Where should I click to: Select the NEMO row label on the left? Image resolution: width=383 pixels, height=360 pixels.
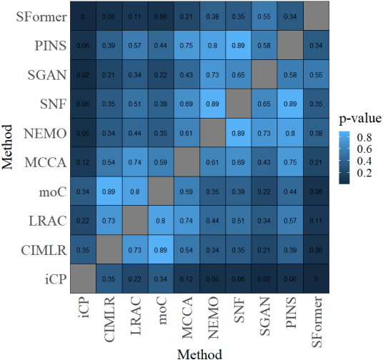click(x=45, y=134)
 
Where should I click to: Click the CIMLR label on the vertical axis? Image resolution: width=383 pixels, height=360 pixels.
click(x=44, y=251)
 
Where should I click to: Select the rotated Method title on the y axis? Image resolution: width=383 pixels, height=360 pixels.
click(x=9, y=147)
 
